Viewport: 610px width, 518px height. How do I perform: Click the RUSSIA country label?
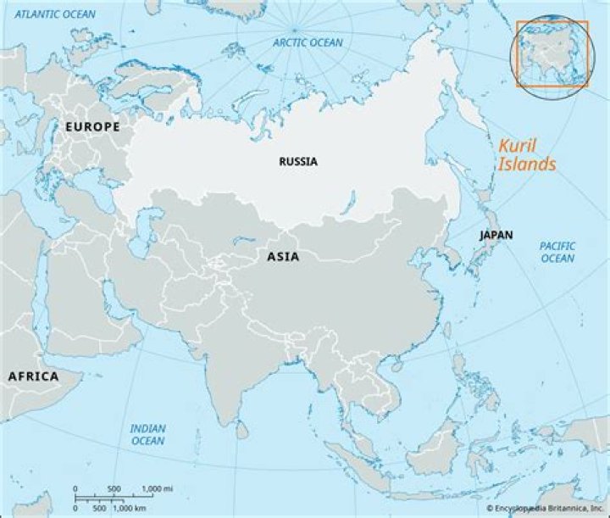[297, 161]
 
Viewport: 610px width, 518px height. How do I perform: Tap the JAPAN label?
[496, 235]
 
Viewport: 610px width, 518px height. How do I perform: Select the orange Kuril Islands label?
[526, 155]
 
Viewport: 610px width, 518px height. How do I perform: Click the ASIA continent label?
[282, 256]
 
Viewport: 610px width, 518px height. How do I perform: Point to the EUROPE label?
[92, 127]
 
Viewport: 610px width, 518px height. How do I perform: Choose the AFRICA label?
[33, 376]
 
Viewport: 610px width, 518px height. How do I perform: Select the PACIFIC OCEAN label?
[557, 252]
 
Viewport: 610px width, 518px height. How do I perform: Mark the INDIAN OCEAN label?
[147, 434]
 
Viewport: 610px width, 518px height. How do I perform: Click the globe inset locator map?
[551, 53]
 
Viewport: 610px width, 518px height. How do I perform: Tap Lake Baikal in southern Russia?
[347, 203]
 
